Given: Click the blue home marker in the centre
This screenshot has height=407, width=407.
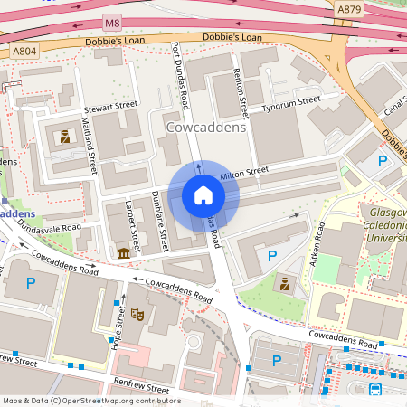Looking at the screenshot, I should (x=203, y=194).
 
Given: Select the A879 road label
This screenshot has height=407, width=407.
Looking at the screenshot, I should (x=349, y=9).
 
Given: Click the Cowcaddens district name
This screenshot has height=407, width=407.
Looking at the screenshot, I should (x=206, y=128).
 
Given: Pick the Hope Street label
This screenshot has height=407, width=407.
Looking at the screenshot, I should (x=119, y=327).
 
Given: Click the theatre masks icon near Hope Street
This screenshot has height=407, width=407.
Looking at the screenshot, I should (x=137, y=313).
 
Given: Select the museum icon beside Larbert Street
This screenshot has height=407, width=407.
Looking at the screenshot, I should (x=123, y=253).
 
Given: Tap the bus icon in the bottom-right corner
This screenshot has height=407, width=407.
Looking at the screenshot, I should (x=374, y=390).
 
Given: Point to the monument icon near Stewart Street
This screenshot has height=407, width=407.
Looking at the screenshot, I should (x=65, y=137).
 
